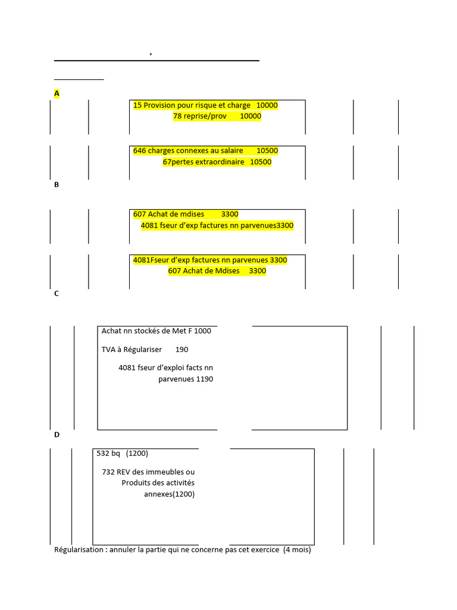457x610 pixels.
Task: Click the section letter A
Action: [57, 94]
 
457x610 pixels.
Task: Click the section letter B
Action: [57, 185]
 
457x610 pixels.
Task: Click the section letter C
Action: [57, 294]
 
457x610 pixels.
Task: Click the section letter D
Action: [57, 435]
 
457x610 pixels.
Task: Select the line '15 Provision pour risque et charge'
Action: [192, 105]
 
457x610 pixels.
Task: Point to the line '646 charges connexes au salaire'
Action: [188, 151]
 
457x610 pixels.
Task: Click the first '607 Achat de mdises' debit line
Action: [168, 214]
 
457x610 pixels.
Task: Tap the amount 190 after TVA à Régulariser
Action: [181, 349]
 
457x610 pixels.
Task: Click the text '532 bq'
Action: [108, 453]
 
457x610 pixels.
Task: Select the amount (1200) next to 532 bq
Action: [137, 453]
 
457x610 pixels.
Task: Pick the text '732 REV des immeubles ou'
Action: [148, 472]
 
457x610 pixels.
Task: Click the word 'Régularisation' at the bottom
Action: [80, 550]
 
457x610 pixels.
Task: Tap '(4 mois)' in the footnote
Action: [297, 550]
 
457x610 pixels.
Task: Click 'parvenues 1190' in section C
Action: [186, 379]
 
